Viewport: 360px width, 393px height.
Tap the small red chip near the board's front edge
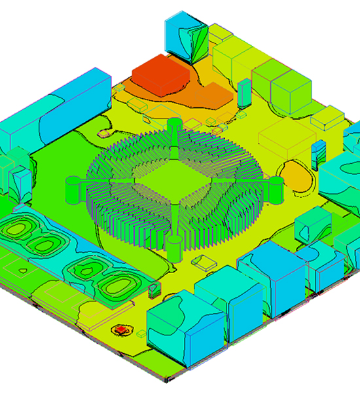(121, 329)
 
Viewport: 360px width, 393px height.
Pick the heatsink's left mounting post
(72, 188)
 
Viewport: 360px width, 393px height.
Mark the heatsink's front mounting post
(173, 247)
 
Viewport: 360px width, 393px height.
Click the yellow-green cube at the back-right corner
(288, 92)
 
